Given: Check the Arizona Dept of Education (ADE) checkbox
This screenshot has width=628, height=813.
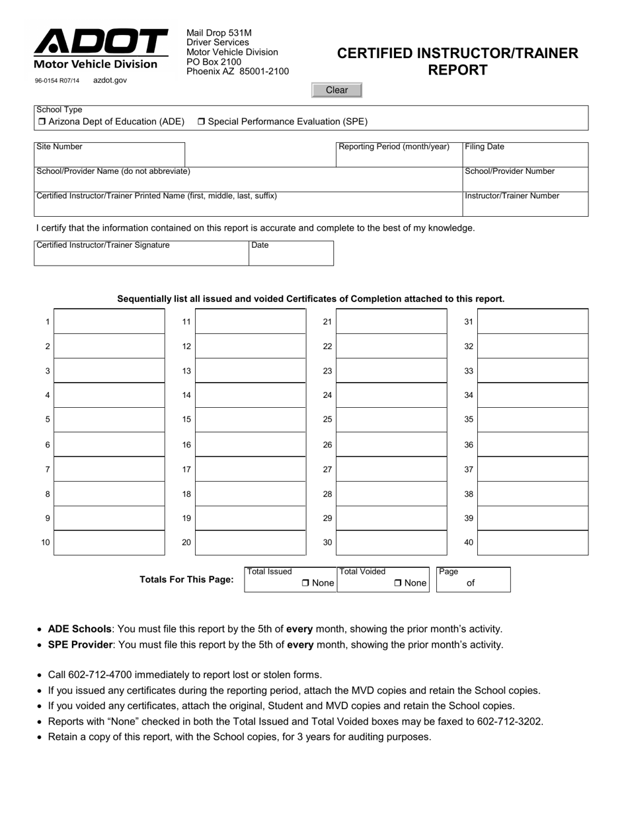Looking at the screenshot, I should (41, 122).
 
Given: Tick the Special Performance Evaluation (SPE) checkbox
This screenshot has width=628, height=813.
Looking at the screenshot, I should (202, 122).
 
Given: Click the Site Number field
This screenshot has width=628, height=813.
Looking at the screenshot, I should (109, 157).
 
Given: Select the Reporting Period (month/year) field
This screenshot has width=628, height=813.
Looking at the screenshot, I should (399, 158).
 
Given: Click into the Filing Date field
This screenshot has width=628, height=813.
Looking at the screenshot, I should (525, 158).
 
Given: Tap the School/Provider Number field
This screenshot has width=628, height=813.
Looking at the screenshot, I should (525, 182).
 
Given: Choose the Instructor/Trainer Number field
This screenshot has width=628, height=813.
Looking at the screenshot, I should (525, 207).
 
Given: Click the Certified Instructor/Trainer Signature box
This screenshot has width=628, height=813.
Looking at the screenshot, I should (141, 256).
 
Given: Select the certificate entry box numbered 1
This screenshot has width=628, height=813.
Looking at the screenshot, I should (109, 321).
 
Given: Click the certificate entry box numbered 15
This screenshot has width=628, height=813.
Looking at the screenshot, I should (251, 420).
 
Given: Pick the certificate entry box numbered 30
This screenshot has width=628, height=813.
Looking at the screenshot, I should (391, 543).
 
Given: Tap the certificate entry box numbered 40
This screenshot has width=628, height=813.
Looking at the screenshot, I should (533, 543).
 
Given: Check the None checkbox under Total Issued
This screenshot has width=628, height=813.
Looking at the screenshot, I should (305, 583).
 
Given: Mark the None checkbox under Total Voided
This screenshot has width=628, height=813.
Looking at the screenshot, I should (398, 583).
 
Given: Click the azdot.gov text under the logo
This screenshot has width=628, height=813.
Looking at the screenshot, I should (110, 81).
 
